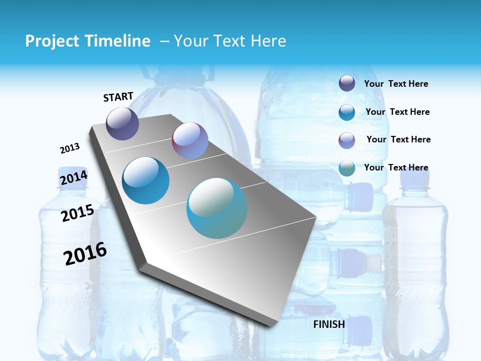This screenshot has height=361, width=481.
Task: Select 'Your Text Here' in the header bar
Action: click(230, 41)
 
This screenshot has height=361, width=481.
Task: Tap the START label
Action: click(118, 97)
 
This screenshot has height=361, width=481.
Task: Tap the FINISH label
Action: click(329, 324)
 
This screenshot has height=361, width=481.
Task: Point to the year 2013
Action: click(70, 148)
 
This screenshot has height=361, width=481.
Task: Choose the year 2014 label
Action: click(74, 177)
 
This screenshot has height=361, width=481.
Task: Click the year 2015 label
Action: click(77, 213)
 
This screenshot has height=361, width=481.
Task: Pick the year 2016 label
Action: click(85, 254)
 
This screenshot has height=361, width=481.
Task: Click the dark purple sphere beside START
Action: click(122, 123)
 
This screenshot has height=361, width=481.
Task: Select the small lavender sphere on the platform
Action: click(190, 140)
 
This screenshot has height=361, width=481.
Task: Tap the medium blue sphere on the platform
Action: click(146, 180)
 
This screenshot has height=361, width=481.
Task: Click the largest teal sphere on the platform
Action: click(217, 208)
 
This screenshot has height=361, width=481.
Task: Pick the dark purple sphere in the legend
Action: click(347, 84)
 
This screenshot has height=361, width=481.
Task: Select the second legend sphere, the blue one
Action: click(347, 112)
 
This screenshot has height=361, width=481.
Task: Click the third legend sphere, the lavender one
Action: click(347, 140)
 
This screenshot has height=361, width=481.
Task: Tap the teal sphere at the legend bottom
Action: click(347, 168)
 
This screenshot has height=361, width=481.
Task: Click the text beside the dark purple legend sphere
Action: click(396, 84)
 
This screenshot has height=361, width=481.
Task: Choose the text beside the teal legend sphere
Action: click(396, 167)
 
